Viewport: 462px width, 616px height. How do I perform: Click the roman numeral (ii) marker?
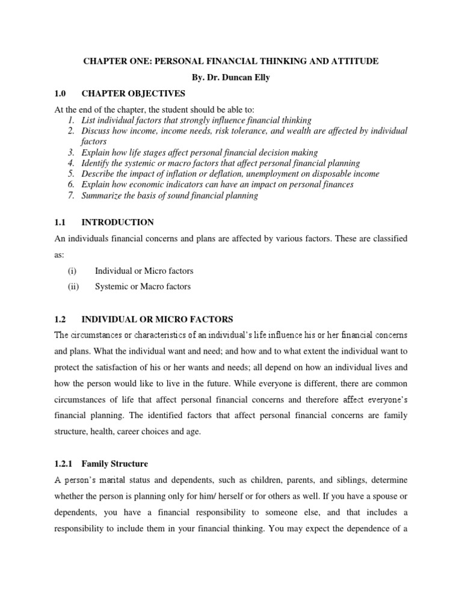click(x=73, y=286)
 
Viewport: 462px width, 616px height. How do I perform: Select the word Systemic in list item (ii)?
click(x=110, y=286)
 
